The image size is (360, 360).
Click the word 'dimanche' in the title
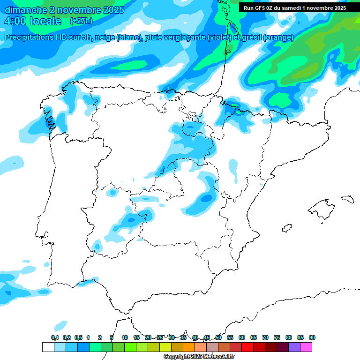click(x=26, y=10)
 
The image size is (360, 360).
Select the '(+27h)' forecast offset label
click(x=81, y=21)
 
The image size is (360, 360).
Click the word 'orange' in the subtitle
click(x=279, y=37)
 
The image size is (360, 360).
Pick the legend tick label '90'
click(x=312, y=337)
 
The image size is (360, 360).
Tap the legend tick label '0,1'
click(x=55, y=337)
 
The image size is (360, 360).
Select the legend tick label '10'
click(x=125, y=337)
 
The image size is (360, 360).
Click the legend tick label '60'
click(x=242, y=337)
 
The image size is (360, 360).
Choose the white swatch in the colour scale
click(x=48, y=347)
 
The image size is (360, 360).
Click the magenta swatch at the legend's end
click(x=306, y=347)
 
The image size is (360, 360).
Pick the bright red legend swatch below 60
click(x=247, y=347)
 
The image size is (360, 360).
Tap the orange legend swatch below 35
click(x=188, y=347)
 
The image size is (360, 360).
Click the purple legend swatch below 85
click(x=294, y=347)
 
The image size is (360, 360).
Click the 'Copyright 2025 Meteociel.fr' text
click(x=199, y=357)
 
